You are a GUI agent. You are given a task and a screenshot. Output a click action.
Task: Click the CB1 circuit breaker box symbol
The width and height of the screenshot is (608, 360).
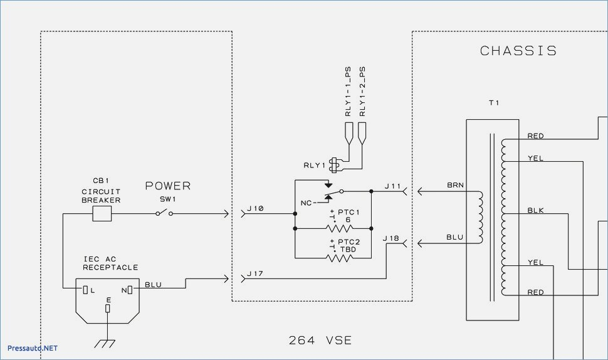(x=102, y=213)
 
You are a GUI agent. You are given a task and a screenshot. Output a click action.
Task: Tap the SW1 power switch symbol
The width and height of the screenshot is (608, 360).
(x=164, y=213)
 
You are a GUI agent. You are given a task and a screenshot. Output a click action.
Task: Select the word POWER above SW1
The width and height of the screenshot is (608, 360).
(x=168, y=186)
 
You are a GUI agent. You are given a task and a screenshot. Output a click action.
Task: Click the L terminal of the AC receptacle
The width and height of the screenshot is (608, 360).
(x=85, y=290)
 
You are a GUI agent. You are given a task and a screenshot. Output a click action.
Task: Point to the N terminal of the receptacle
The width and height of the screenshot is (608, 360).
(x=130, y=290)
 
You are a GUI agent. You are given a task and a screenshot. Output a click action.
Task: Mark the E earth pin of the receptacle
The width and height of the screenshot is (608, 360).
(x=108, y=308)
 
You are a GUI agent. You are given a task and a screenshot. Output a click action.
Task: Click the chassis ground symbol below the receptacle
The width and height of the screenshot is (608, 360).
(x=105, y=344)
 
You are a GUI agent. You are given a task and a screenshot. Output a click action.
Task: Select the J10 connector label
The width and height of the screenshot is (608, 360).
(x=256, y=208)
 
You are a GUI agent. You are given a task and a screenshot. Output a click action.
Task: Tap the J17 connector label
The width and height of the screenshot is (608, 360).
(x=255, y=273)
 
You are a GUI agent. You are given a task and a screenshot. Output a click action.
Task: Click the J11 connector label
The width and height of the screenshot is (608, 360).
(x=392, y=186)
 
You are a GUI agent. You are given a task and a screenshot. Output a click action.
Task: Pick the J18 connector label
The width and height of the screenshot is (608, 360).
(x=391, y=238)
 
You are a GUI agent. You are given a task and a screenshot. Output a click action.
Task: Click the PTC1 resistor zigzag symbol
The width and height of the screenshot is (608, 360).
(x=339, y=228)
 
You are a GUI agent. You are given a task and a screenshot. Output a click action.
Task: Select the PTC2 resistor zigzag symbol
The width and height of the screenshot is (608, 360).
(x=339, y=258)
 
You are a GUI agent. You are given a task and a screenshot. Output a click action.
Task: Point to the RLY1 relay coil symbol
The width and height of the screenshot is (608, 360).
(x=334, y=165)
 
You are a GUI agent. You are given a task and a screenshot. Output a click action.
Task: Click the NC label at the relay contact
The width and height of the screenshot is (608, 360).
(x=306, y=203)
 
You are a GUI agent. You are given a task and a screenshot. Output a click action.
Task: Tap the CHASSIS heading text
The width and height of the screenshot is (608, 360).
(x=518, y=51)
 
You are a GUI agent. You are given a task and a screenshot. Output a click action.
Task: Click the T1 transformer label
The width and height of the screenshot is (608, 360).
(x=494, y=103)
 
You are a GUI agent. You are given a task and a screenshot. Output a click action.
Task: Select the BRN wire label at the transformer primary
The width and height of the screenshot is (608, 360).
(x=455, y=185)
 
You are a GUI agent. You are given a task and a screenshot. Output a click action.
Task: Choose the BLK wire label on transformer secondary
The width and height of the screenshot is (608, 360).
(x=535, y=210)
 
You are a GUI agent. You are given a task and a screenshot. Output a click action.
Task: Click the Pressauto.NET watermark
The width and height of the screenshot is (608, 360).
(x=33, y=348)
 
